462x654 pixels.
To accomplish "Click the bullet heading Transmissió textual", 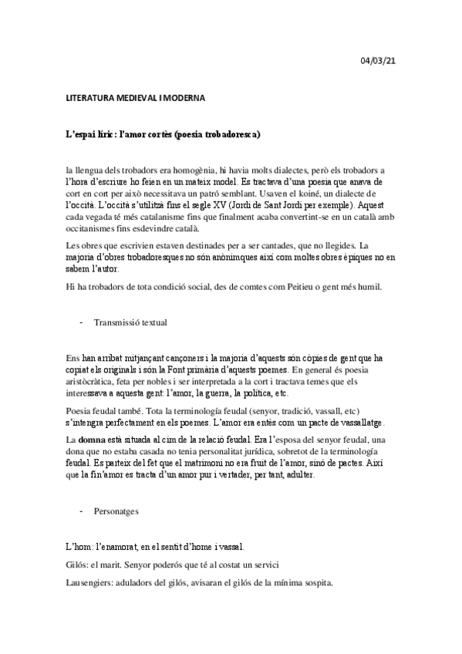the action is [x=133, y=322].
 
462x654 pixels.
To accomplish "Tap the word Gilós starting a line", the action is [x=78, y=565].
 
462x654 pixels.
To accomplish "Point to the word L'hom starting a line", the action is [x=77, y=547].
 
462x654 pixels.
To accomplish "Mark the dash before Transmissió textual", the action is [x=82, y=322].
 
